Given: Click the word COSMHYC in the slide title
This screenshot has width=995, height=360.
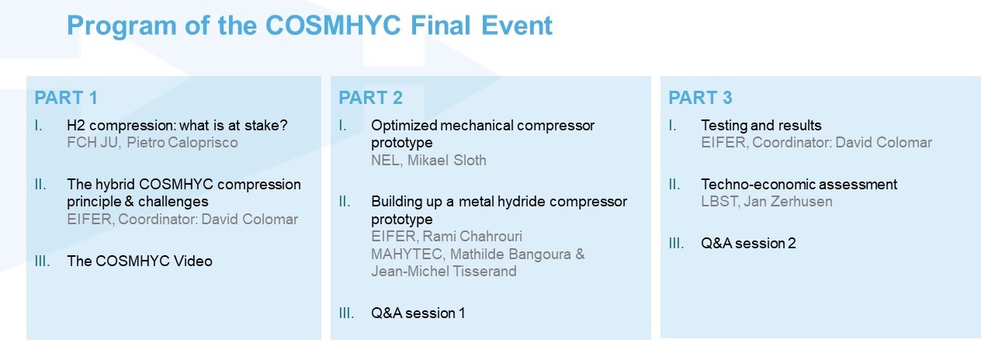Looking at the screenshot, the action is [x=333, y=26].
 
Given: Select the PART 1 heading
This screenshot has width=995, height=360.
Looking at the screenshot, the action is [x=66, y=98].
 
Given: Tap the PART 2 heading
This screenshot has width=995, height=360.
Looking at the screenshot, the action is [x=370, y=98].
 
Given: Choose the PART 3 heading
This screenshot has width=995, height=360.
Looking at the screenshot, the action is [x=700, y=98].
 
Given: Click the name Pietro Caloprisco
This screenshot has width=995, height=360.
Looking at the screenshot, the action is [x=182, y=143].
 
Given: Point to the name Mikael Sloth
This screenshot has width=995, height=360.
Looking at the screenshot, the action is [x=447, y=161].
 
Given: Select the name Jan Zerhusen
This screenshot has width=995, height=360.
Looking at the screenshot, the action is [x=788, y=202].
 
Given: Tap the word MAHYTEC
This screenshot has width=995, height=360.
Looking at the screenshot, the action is [x=407, y=254].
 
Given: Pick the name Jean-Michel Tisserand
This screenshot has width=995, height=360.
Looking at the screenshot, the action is [x=444, y=272].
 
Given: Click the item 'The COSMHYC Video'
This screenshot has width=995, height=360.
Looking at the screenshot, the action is [x=140, y=261].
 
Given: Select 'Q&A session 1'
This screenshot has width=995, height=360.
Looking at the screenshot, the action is [x=418, y=313].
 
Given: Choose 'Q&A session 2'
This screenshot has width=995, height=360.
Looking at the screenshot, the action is [x=748, y=244].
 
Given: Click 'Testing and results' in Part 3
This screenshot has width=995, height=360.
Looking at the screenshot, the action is [x=761, y=125].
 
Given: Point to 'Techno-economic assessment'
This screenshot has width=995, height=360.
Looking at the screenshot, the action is [x=799, y=184].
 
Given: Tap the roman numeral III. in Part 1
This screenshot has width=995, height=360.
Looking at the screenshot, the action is [x=42, y=261].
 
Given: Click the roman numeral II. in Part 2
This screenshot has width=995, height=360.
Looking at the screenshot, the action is [x=345, y=202].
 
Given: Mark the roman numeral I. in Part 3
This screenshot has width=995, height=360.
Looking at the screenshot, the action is [x=672, y=126].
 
